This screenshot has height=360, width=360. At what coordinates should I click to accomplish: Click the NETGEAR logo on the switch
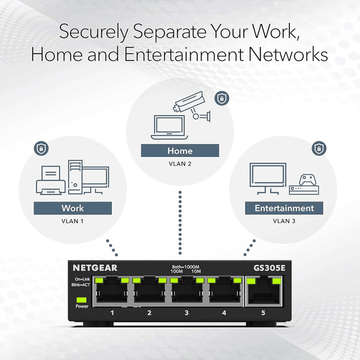point(95,268)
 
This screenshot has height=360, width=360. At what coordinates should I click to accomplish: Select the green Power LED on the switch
point(81,299)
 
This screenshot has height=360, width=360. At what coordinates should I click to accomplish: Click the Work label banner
point(72,208)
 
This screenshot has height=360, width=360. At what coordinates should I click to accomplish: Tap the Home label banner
point(179,151)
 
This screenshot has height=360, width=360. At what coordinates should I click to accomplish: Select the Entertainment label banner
point(284,208)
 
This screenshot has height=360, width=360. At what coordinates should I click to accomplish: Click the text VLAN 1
point(73,221)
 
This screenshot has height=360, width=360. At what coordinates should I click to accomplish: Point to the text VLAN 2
point(179,163)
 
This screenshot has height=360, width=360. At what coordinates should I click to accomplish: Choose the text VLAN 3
point(284,221)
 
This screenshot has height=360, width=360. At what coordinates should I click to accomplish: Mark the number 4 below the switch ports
point(223,312)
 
